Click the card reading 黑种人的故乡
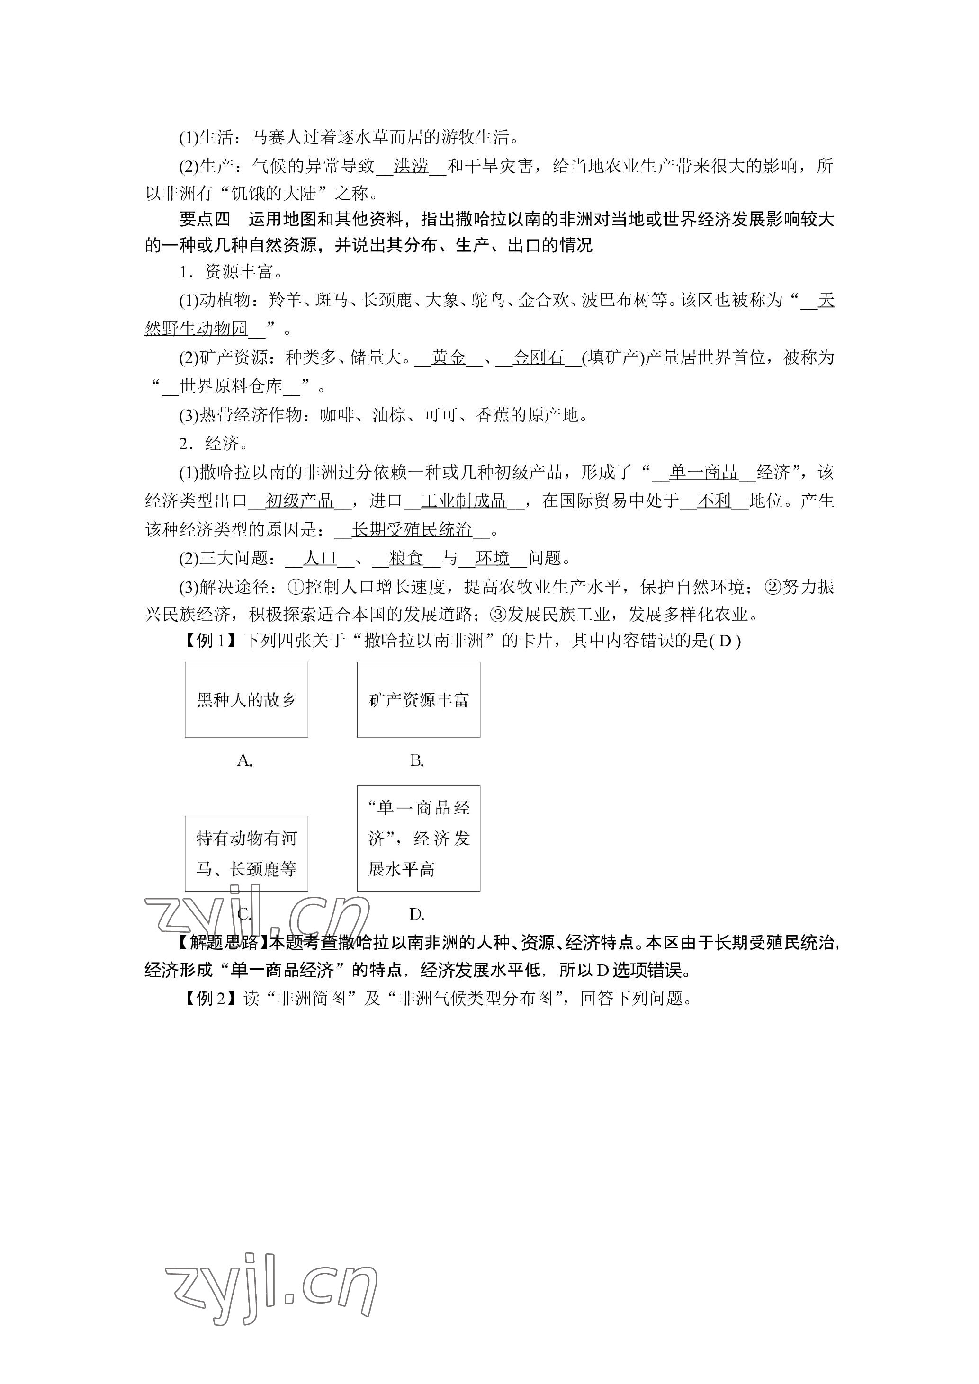246,699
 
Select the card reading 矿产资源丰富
418,699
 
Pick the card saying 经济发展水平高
418,838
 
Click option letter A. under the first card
244,761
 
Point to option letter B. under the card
416,761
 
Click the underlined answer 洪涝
411,166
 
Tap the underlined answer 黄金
449,357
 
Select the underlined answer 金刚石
539,357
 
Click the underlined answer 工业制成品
464,500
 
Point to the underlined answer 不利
714,500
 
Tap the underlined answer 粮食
406,558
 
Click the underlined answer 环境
493,558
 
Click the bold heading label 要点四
205,219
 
